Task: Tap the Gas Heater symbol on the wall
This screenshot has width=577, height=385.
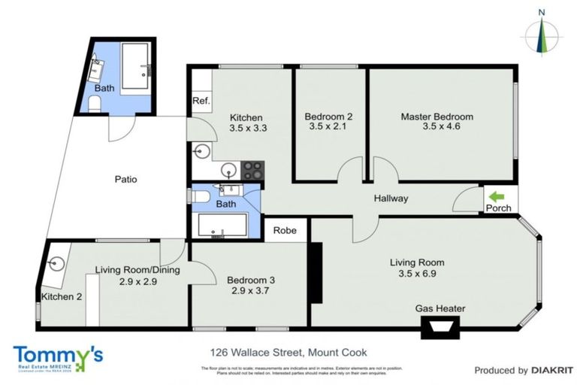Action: click(440, 325)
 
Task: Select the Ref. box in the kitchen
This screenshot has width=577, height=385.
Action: click(201, 101)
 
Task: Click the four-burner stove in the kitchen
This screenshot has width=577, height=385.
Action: click(252, 170)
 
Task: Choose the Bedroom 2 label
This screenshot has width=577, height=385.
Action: click(328, 117)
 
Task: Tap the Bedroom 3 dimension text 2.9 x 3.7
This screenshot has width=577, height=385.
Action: click(251, 291)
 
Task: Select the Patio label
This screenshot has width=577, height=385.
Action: click(125, 180)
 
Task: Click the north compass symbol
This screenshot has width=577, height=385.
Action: click(542, 32)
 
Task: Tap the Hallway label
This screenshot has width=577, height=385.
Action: click(391, 199)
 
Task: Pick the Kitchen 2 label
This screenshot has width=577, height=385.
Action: click(62, 297)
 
